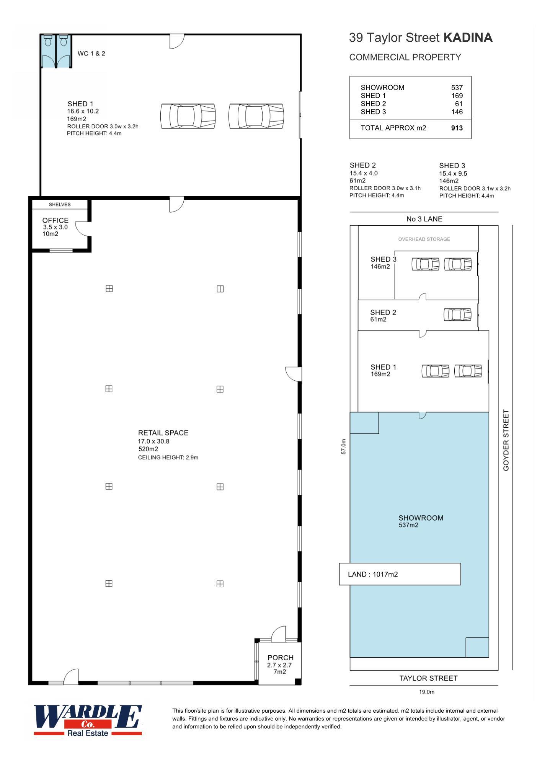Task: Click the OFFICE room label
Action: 55,220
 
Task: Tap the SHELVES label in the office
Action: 60,204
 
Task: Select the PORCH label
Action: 280,658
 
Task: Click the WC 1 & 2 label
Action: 91,54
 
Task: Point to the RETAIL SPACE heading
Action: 163,433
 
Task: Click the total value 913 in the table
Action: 457,128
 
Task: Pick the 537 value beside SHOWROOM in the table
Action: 457,88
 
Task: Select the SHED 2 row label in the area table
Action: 373,104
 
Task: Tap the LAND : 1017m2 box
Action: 400,574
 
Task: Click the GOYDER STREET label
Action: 506,440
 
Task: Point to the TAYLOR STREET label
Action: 428,678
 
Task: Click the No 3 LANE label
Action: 424,219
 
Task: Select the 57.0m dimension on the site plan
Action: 344,446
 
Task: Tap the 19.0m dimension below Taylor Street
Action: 427,692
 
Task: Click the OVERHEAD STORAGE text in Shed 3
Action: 424,239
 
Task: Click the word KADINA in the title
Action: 468,37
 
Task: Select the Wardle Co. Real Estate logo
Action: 88,720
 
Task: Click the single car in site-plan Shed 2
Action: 457,315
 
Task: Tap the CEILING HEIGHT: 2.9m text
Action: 168,458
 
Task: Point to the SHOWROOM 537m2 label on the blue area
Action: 421,521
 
